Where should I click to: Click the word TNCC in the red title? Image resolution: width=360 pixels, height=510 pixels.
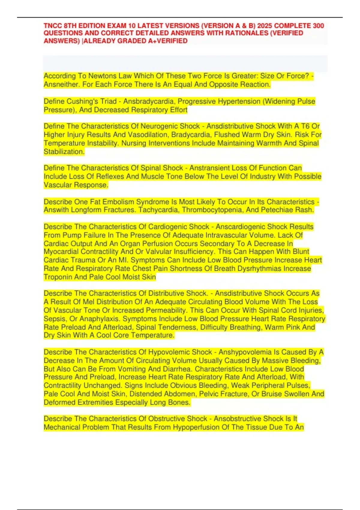tap(53, 26)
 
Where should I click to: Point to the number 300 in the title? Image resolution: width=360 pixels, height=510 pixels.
tap(318, 26)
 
